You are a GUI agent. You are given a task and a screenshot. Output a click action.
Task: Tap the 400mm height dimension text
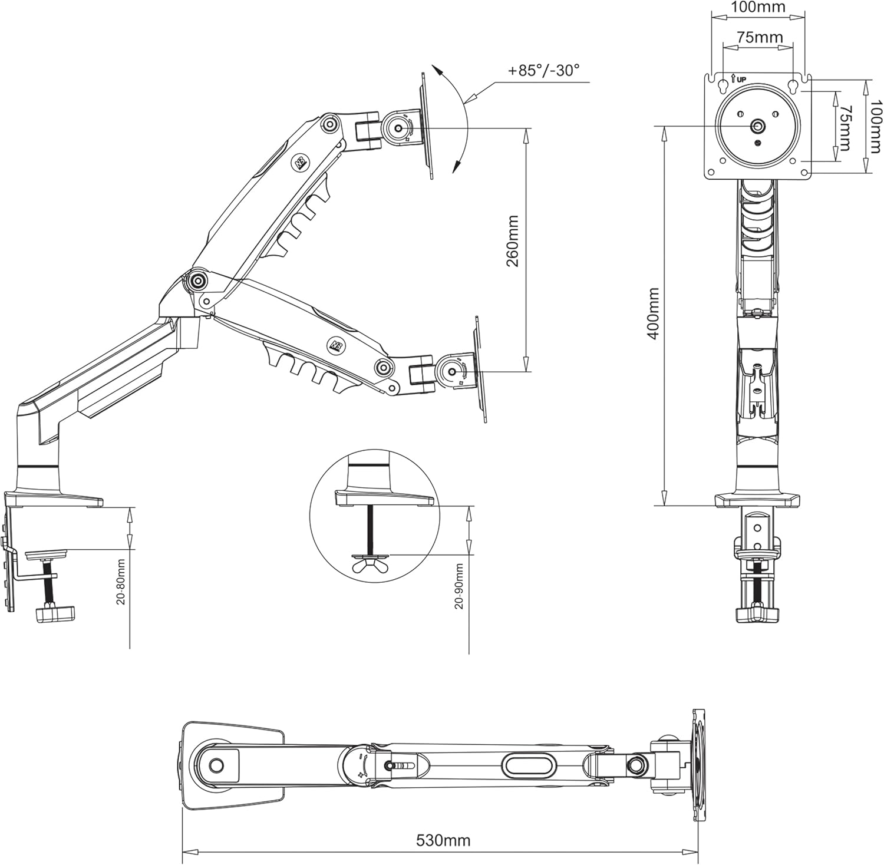pos(653,313)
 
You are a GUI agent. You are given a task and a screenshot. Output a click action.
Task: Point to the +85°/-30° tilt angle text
pos(544,70)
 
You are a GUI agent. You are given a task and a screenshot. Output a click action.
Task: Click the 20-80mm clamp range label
pos(120,582)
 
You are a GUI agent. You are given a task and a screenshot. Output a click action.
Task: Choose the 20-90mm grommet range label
pos(460,586)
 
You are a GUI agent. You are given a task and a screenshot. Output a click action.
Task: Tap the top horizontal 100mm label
pos(758,8)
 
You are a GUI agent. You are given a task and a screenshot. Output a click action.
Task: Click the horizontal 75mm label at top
pos(760,37)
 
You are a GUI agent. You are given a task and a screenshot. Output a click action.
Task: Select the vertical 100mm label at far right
pos(876,127)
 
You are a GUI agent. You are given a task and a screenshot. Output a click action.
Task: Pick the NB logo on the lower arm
pos(334,343)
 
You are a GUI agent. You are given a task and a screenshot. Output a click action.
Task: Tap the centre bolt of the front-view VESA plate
pos(758,126)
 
